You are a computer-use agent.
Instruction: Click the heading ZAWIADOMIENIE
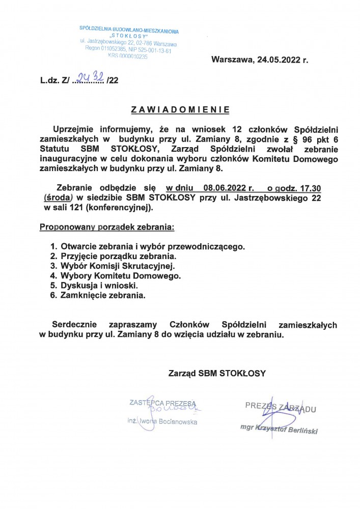180,109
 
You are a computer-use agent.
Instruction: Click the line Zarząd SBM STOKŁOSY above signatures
217,373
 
